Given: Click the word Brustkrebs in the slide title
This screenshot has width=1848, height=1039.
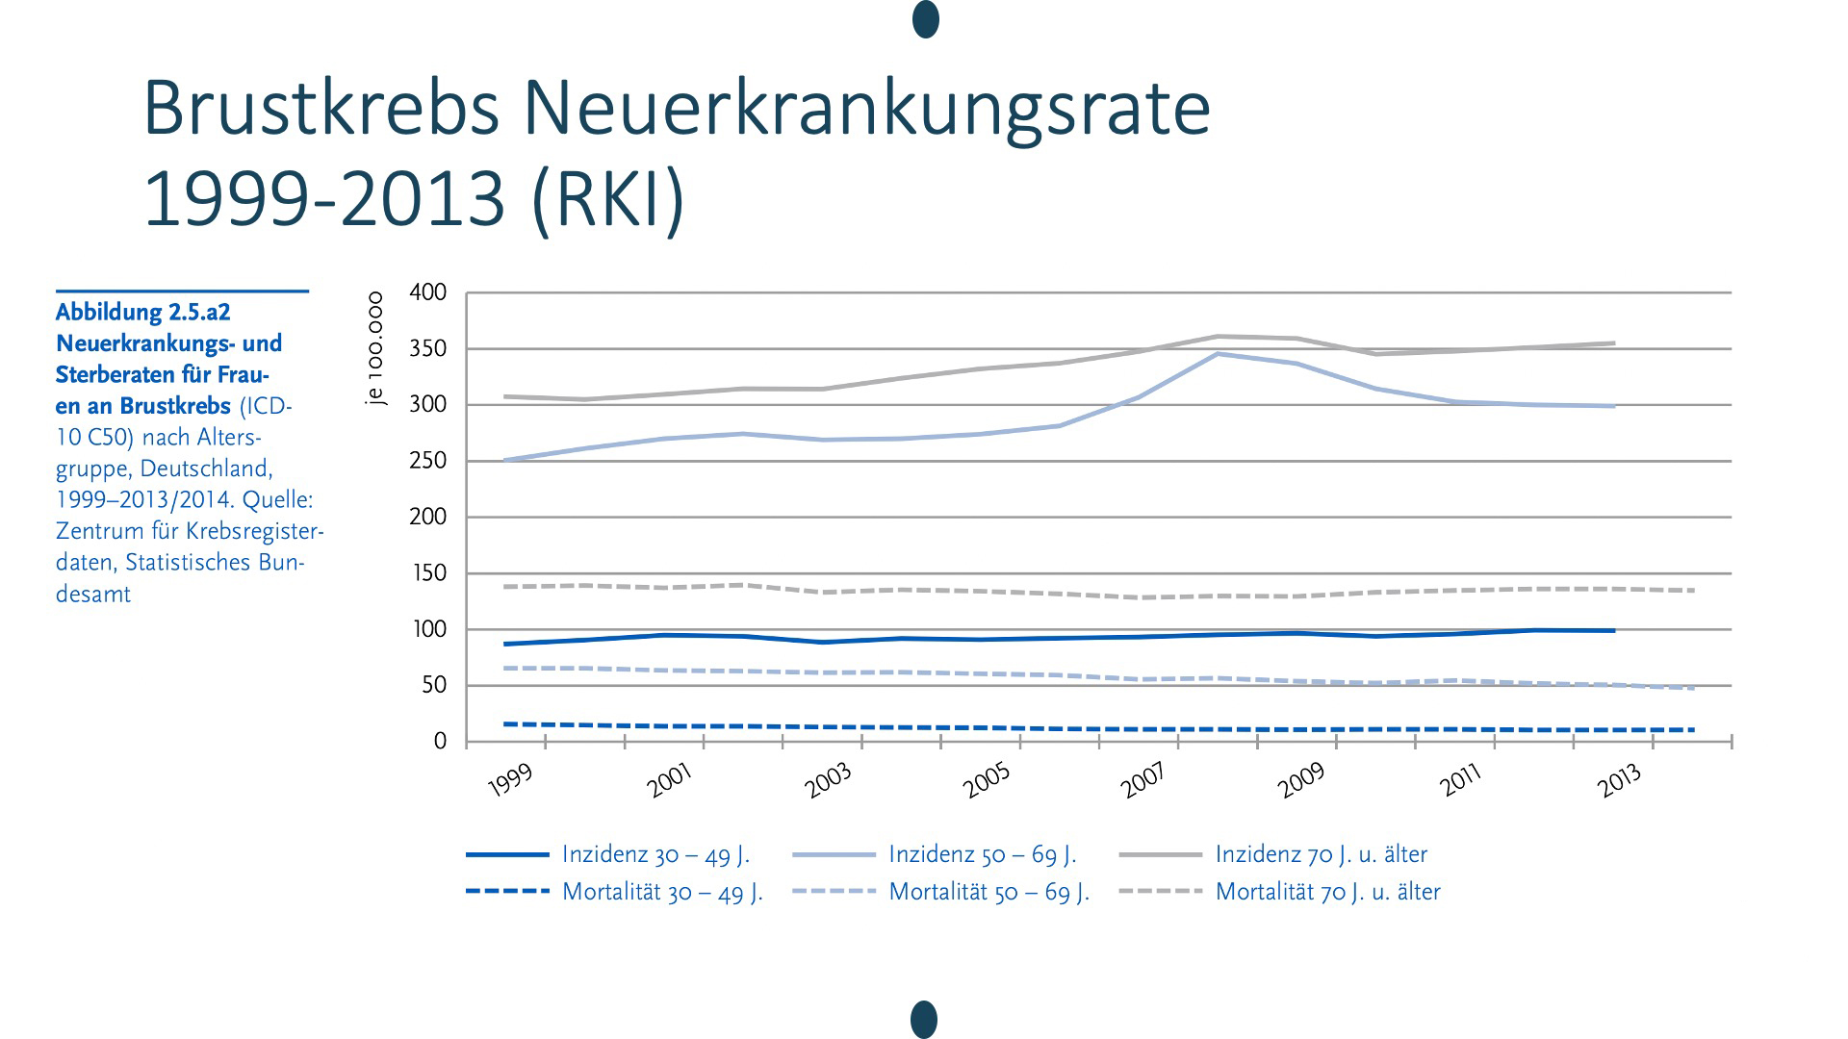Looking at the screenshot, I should tap(321, 109).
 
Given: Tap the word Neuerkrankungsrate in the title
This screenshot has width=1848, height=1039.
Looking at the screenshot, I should tap(866, 109).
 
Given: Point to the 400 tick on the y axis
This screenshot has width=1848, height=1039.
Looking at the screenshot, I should tap(428, 292).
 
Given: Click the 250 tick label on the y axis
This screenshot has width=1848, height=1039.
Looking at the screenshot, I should tap(428, 461).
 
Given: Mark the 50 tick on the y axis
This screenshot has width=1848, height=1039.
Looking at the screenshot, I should tap(435, 685).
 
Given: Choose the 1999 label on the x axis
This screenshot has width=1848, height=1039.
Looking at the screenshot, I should tap(511, 780).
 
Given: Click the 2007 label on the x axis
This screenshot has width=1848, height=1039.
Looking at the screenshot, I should tap(1143, 779).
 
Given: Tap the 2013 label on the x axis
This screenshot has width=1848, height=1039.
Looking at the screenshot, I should tap(1619, 780).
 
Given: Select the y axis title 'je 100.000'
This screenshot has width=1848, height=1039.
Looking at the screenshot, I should tap(375, 348).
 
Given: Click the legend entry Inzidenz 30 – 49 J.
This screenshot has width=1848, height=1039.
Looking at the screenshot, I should tap(654, 854).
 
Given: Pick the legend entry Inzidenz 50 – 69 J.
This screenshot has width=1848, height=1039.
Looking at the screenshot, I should tap(982, 854).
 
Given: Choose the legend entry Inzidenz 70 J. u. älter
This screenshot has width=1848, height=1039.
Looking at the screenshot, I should tap(1321, 854).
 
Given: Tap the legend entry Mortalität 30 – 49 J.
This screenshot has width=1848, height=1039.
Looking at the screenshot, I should tap(661, 892).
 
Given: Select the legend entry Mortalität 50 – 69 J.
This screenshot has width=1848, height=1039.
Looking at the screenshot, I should tap(988, 892).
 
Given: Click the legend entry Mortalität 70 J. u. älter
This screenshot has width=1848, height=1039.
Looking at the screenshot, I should tap(1327, 892).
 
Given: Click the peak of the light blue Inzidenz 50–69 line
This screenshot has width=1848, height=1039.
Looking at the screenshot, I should tap(1219, 354).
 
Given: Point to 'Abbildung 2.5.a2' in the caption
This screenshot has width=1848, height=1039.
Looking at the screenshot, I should tap(142, 312).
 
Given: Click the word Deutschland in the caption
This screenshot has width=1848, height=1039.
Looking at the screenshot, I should tap(220, 469).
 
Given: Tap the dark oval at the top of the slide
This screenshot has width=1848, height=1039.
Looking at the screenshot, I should tap(925, 19).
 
